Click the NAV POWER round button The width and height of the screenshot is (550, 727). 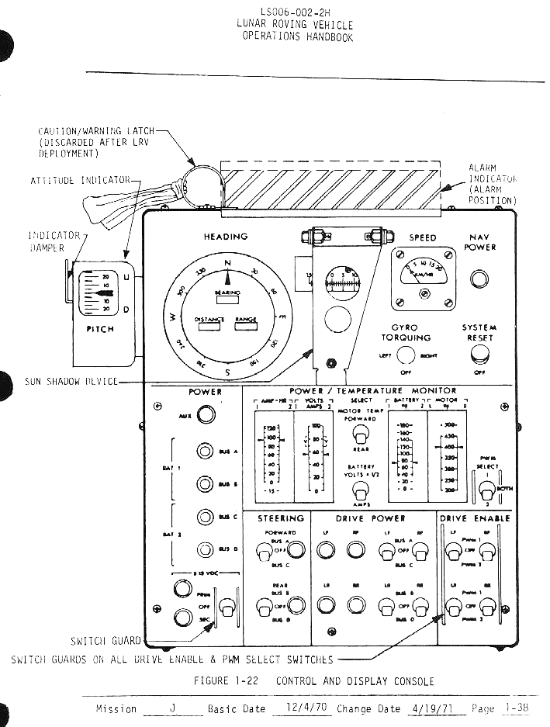tap(480, 279)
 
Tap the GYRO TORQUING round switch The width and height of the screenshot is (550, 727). tap(405, 356)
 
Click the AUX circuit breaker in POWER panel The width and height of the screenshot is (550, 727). tap(205, 416)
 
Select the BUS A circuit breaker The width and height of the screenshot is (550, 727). tap(205, 451)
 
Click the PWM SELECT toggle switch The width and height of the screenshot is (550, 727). tap(486, 490)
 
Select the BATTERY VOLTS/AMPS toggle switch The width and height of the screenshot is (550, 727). tap(361, 490)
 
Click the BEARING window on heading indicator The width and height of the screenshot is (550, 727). tap(227, 299)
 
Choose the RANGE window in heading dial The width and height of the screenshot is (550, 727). tap(247, 327)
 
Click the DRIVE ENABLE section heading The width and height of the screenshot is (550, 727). tap(475, 518)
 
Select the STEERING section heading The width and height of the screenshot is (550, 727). tap(281, 518)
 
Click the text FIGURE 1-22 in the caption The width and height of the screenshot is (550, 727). tap(227, 681)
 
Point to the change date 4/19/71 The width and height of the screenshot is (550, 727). tap(424, 708)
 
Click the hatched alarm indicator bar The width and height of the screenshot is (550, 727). tap(330, 185)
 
